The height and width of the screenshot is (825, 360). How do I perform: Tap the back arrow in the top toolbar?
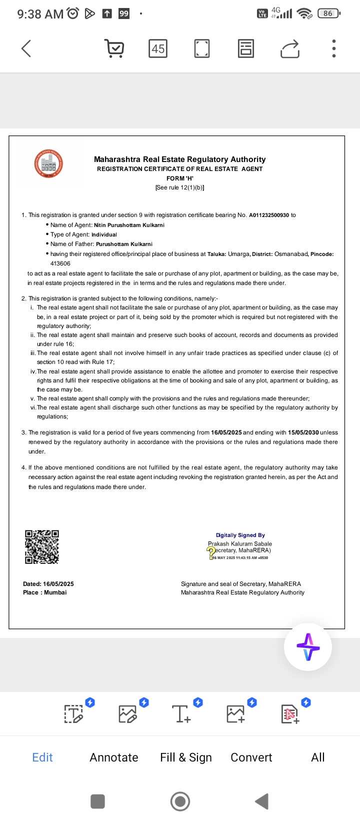tap(26, 48)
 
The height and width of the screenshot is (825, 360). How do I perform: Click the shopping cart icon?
tap(114, 48)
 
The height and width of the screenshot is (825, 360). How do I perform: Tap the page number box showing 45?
tap(158, 48)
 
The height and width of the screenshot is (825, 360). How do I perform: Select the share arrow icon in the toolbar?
tap(290, 48)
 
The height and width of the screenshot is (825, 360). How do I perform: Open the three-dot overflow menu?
tap(334, 48)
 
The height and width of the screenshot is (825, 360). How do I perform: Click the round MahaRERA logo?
tap(48, 164)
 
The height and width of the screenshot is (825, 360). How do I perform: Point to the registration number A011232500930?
tap(269, 215)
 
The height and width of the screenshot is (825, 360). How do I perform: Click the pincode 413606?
tap(60, 263)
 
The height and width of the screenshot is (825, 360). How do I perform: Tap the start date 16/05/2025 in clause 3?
tap(226, 432)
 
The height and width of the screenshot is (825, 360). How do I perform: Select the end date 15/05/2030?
tap(303, 432)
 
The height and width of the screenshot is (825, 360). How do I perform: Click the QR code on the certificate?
tap(42, 546)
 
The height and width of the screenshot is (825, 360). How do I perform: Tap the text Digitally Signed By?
tap(240, 535)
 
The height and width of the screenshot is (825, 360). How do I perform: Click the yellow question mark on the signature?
tap(211, 551)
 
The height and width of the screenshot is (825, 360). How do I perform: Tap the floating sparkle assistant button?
tap(308, 647)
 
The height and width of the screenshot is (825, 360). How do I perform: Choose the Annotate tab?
tap(114, 757)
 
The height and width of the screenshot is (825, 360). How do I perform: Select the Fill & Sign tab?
tap(186, 757)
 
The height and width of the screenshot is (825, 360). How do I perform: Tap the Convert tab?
tap(251, 757)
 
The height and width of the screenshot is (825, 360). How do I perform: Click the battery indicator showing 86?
tap(328, 13)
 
